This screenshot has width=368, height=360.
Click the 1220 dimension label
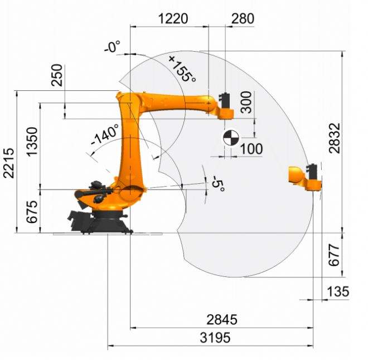pyautogui.click(x=173, y=18)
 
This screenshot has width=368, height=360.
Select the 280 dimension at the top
pyautogui.click(x=243, y=18)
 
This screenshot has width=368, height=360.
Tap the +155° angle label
pyautogui.click(x=182, y=69)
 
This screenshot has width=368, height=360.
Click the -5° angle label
pyautogui.click(x=218, y=183)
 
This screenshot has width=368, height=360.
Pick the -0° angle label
pyautogui.click(x=112, y=46)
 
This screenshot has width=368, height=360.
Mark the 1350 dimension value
pyautogui.click(x=32, y=142)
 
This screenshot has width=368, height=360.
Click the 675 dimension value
pyautogui.click(x=32, y=212)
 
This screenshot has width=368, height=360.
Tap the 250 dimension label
pyautogui.click(x=57, y=75)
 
